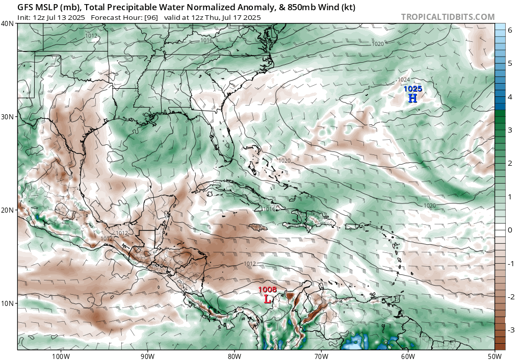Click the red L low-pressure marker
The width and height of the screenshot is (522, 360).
268,299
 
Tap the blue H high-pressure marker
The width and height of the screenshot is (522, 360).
412,98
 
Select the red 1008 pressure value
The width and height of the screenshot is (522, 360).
267,290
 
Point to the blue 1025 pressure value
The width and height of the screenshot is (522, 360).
413,89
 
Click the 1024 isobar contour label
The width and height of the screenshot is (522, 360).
404,80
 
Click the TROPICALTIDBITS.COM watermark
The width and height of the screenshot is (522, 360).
448,17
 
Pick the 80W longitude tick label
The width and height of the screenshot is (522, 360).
234,356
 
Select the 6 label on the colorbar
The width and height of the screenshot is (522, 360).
509,30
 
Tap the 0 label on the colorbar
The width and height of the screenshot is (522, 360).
509,230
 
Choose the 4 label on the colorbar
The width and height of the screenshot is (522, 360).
509,97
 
